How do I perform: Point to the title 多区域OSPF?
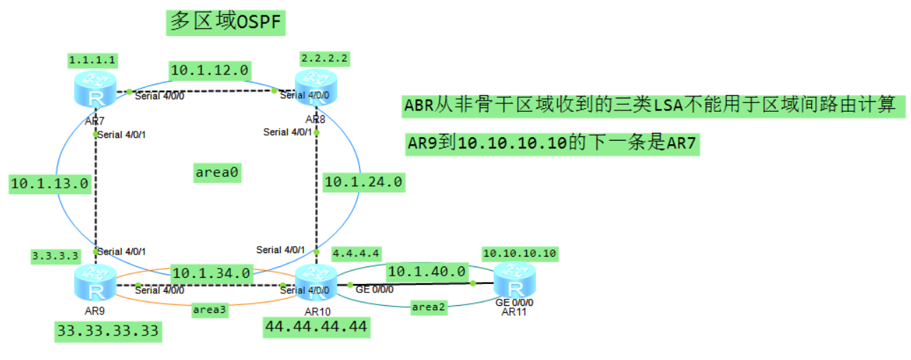(226, 22)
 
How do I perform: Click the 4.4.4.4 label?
(357, 252)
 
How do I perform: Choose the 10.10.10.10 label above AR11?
(520, 253)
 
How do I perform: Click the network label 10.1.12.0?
(210, 70)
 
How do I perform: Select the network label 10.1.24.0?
(363, 182)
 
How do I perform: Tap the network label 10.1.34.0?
(211, 273)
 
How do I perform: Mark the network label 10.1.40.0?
(428, 271)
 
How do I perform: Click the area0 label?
(218, 173)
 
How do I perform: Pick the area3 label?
(210, 309)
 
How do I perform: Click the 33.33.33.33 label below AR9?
(108, 331)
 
